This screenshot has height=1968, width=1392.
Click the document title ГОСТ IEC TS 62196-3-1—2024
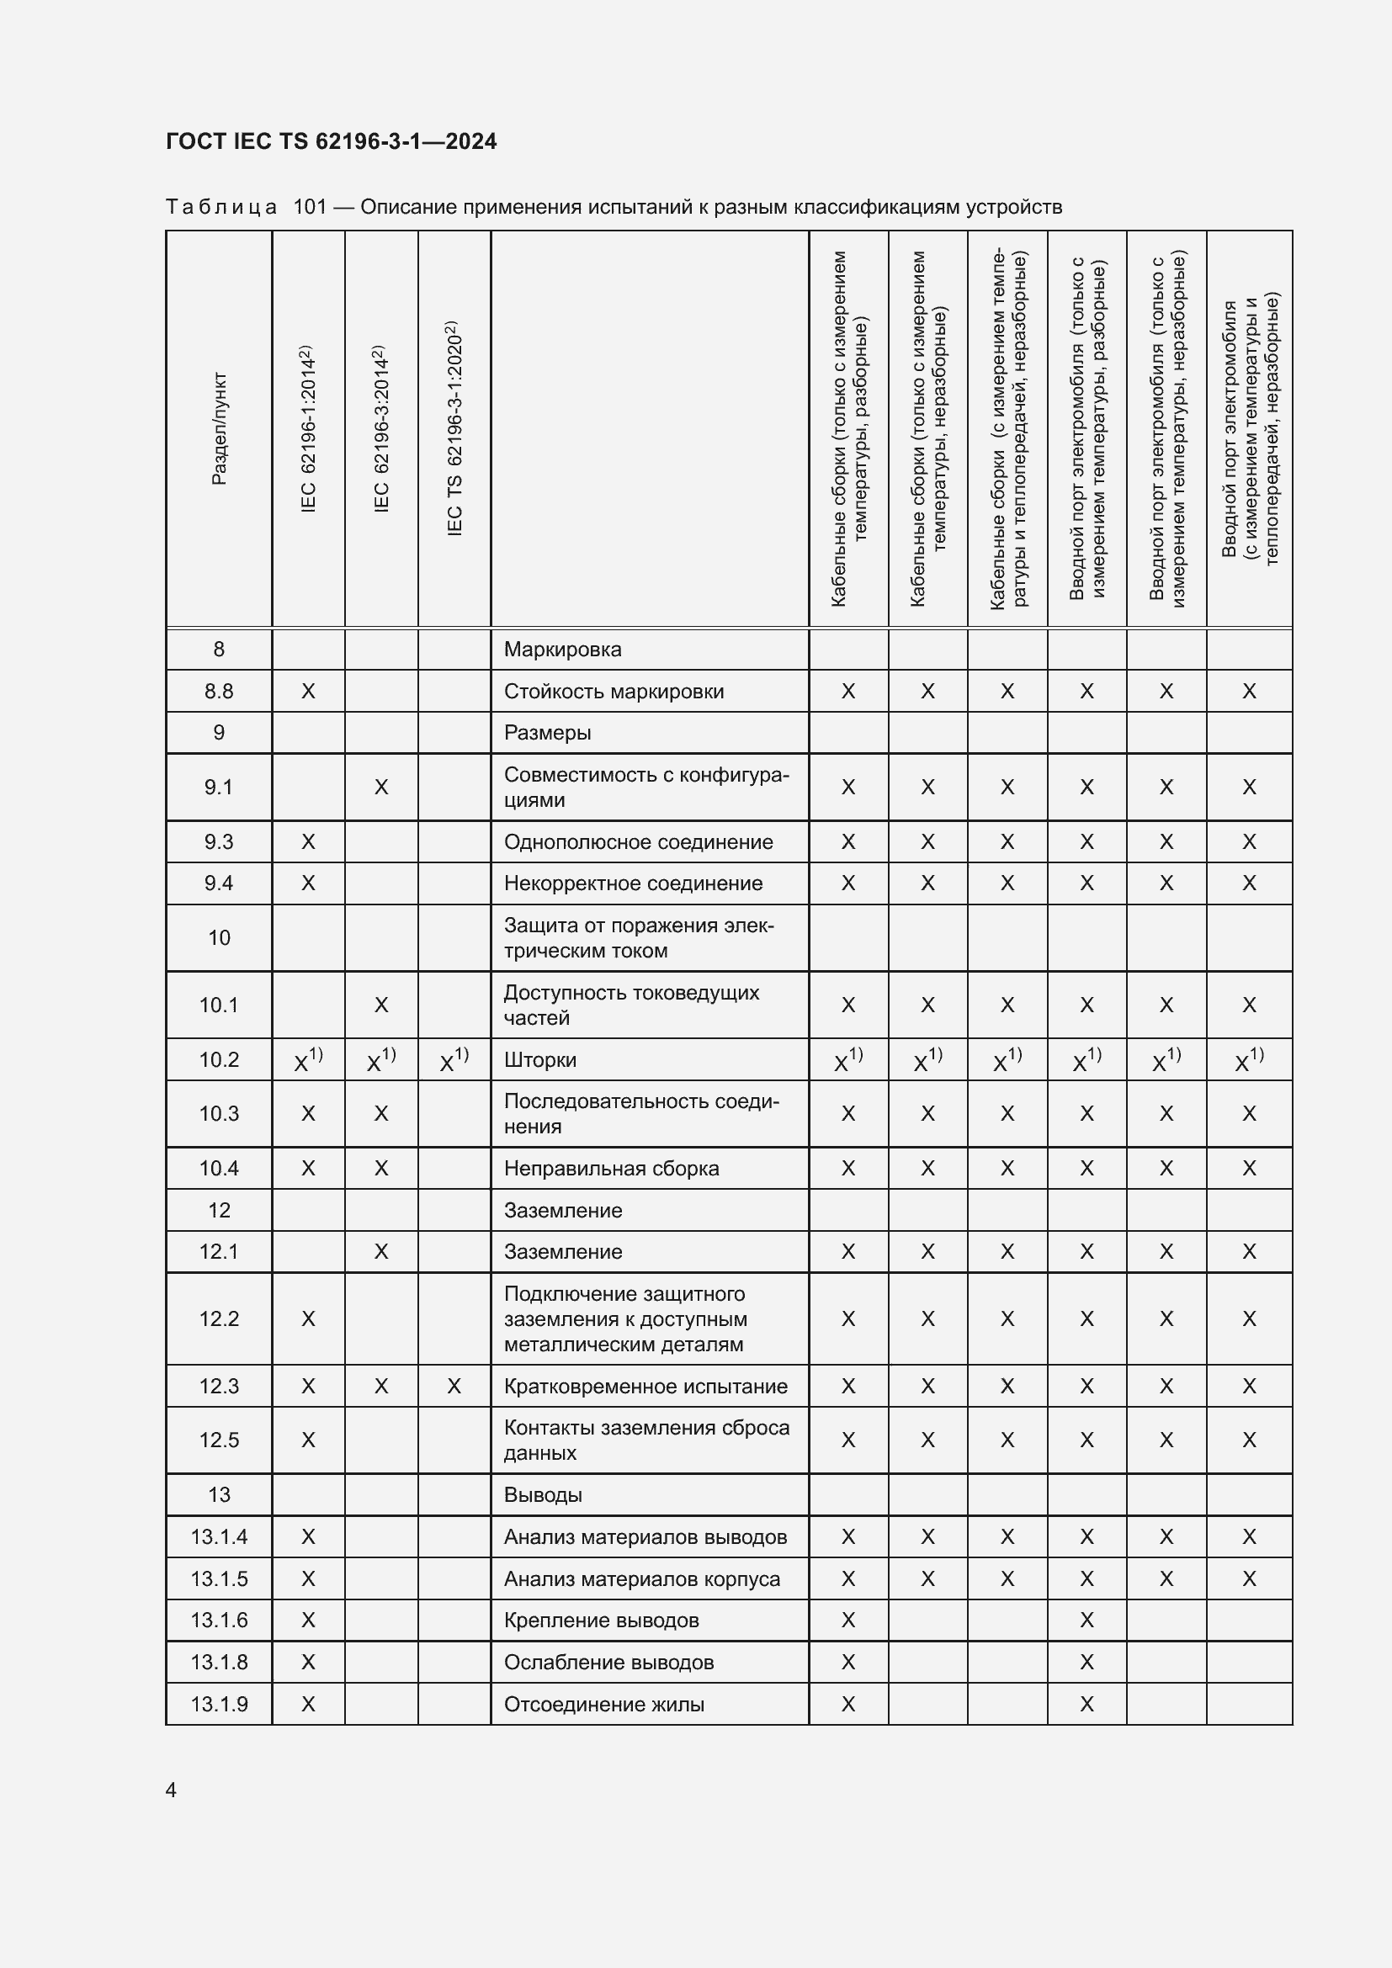[331, 141]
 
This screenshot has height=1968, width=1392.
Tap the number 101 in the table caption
[310, 207]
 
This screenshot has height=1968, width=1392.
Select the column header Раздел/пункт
[220, 428]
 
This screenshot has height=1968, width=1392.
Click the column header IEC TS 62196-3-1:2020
[454, 428]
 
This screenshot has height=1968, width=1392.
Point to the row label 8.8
[219, 691]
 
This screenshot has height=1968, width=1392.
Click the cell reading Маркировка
[562, 649]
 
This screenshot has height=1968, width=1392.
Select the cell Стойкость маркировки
[614, 691]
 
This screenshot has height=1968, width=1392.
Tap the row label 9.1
[219, 787]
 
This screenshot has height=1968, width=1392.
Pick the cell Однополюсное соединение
[638, 841]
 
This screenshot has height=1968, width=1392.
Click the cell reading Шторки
[540, 1059]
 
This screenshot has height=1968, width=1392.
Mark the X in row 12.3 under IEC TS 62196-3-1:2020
[454, 1386]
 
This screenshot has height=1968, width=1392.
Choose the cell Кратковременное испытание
[646, 1386]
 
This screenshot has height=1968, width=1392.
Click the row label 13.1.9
[219, 1704]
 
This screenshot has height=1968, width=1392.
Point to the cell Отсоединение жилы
[603, 1704]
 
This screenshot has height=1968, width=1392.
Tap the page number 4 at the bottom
[172, 1790]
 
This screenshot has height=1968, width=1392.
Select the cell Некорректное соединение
[633, 883]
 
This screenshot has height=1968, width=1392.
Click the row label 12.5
[219, 1440]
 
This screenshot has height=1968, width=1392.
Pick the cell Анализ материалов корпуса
[642, 1578]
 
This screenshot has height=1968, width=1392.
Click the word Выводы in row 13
[543, 1495]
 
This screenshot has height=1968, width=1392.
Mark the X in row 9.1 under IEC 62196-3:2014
[381, 787]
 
